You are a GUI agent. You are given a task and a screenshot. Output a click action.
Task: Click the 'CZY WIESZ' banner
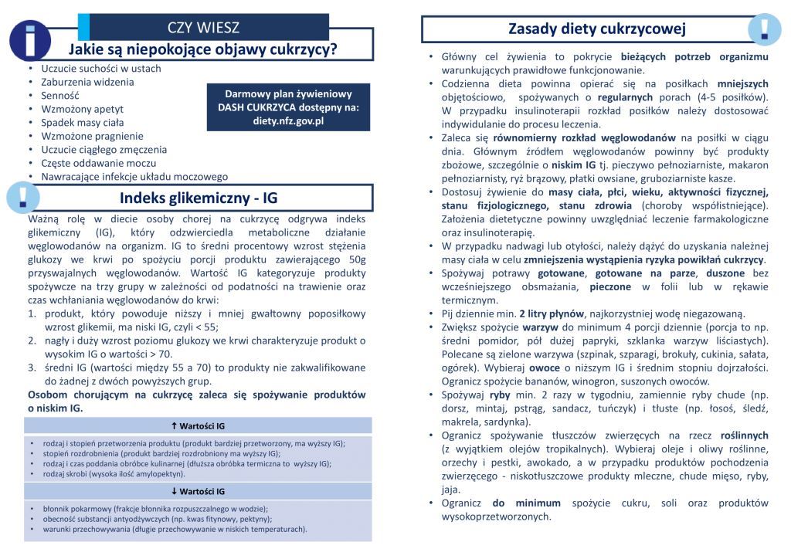point(203,28)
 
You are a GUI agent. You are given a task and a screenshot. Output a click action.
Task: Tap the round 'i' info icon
point(29,39)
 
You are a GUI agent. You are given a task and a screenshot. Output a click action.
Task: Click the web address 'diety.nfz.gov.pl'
point(288,121)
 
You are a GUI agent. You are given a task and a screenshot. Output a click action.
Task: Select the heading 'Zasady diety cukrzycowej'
point(597,29)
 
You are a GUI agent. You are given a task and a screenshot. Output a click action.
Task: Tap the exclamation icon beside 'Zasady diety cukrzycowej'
point(764,29)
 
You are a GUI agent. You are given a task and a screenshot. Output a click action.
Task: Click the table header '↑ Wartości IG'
point(198,425)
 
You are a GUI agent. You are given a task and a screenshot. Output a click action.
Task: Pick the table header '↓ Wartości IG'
point(198,491)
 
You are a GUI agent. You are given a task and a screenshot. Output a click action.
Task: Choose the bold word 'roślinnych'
point(744,435)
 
